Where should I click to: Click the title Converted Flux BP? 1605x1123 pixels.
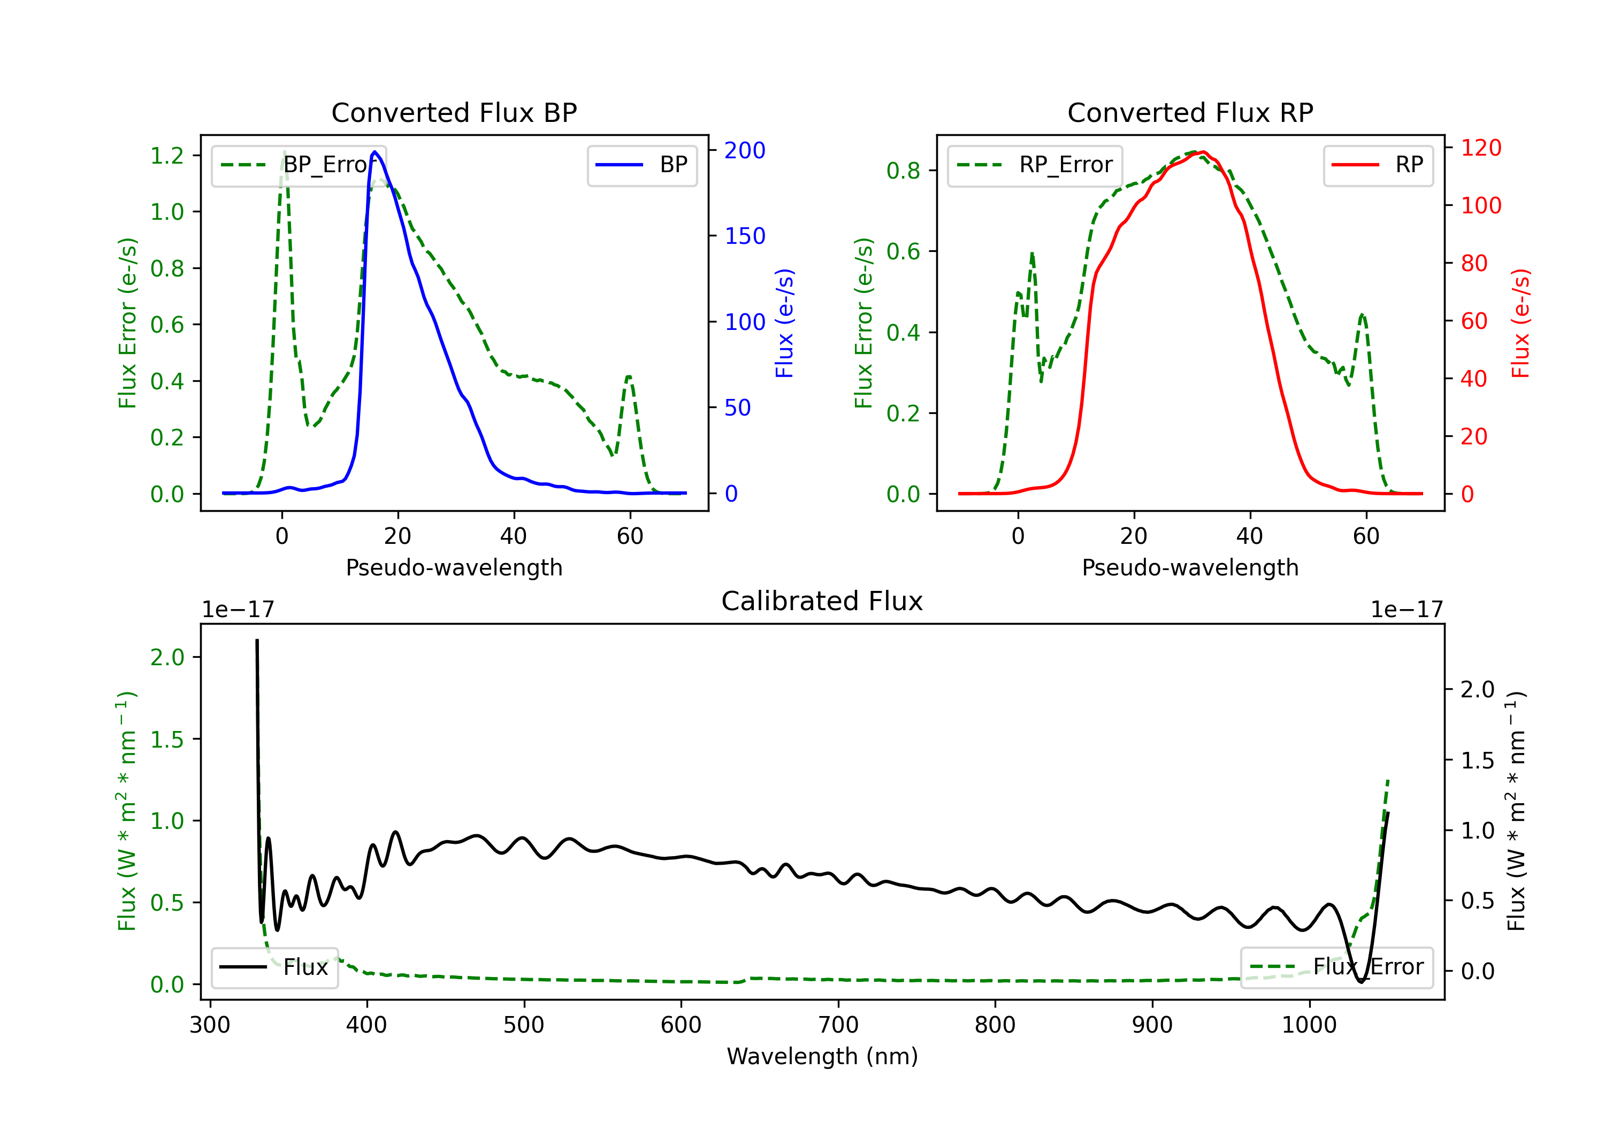454,112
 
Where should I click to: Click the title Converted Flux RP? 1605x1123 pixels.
1190,112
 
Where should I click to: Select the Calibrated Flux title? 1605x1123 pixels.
822,601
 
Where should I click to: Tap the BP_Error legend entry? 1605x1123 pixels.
299,165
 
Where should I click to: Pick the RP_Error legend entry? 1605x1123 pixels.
1035,165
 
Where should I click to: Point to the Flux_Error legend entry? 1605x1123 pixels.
1336,967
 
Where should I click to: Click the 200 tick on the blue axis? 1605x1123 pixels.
745,150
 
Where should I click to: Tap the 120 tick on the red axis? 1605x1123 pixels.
1480,148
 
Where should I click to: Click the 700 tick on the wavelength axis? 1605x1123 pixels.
838,1025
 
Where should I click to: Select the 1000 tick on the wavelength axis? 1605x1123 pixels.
1309,1025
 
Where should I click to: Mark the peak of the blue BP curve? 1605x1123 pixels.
374,152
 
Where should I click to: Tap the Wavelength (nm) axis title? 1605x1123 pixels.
822,1056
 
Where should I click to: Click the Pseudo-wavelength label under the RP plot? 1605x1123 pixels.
1190,567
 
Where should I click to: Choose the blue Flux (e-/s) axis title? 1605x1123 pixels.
784,323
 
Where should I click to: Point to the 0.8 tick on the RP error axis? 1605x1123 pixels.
903,171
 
